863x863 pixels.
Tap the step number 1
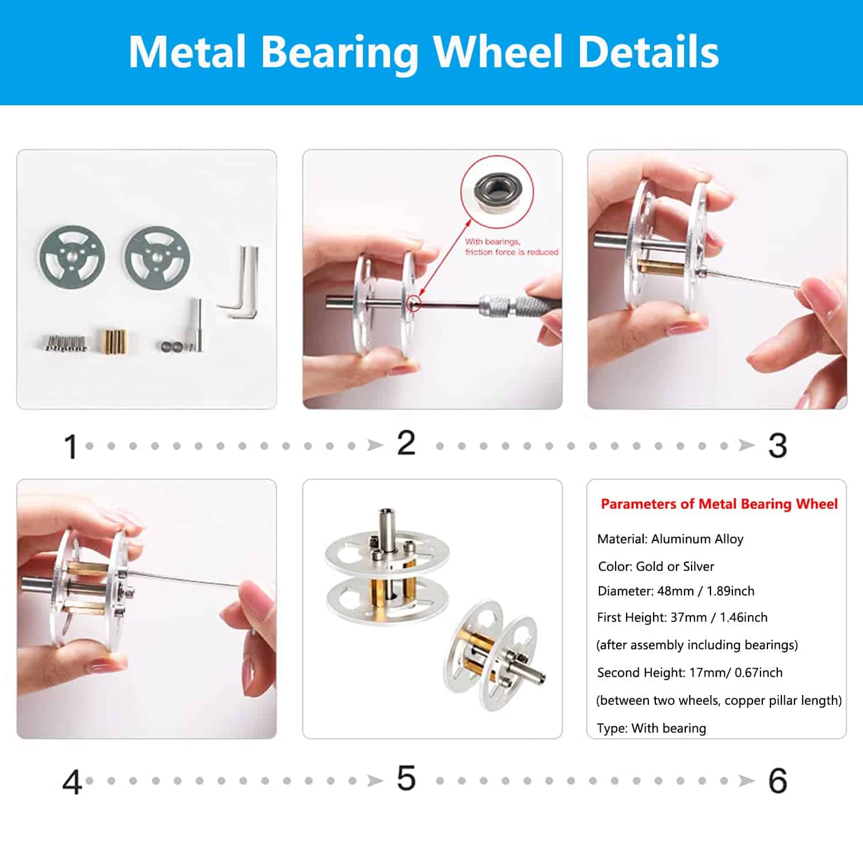(71, 447)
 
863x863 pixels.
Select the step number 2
(406, 443)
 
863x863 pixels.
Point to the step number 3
(778, 445)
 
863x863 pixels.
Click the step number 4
(72, 782)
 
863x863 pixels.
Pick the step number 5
(406, 778)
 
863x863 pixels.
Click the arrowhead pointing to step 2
(375, 445)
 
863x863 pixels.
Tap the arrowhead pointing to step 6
(747, 781)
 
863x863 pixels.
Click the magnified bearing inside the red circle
(497, 190)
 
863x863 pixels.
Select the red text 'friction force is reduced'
(511, 252)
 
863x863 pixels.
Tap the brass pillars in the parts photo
(113, 341)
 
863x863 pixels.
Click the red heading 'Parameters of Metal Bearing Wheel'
(719, 504)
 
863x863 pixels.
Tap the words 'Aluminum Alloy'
(697, 539)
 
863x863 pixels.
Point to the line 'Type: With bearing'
(651, 728)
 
